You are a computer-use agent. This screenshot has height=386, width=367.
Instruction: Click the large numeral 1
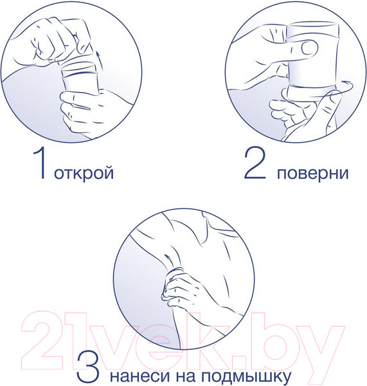(x=40, y=165)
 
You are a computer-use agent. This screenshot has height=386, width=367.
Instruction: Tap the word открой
(x=85, y=174)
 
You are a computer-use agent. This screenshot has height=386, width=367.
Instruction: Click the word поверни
(x=314, y=174)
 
